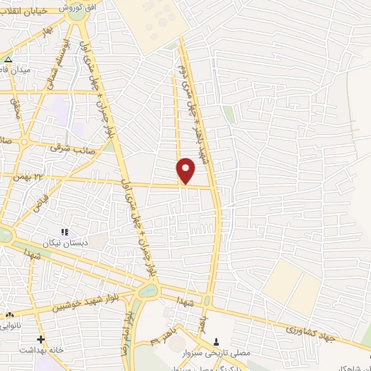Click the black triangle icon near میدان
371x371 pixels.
[x=8, y=60]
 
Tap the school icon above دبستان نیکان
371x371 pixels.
[x=64, y=232]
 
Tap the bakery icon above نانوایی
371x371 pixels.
[x=9, y=314]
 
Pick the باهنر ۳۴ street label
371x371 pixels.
[x=159, y=335]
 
